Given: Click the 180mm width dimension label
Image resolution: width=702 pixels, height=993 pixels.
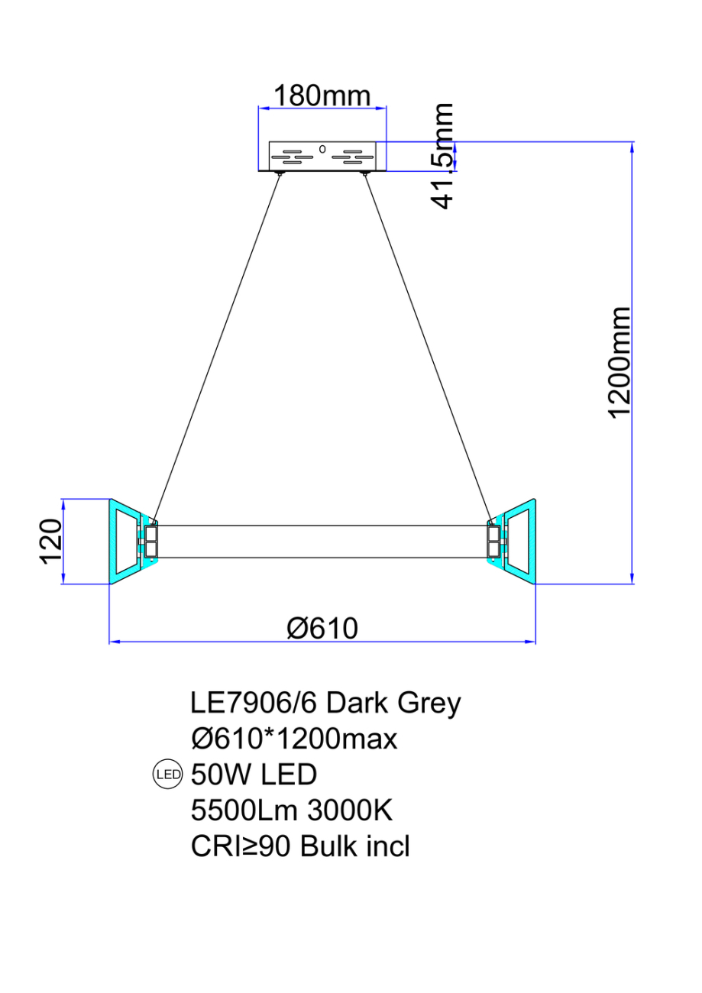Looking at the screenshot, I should [322, 96].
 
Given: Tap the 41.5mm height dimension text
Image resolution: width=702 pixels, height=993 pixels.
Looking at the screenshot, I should [442, 157].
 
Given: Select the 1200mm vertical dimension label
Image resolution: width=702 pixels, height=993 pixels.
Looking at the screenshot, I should [620, 362].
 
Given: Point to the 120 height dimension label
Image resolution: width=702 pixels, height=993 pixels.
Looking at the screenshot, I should [50, 541].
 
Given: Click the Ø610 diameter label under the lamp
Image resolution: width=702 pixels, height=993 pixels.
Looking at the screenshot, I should [322, 628].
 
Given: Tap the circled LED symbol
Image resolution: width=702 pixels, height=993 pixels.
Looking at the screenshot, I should [167, 775].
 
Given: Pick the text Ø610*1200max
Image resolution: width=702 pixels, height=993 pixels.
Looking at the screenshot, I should [294, 739].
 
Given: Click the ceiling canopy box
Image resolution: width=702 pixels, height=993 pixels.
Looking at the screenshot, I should [322, 156].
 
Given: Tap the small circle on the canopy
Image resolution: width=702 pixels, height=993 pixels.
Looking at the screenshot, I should [322, 149].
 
